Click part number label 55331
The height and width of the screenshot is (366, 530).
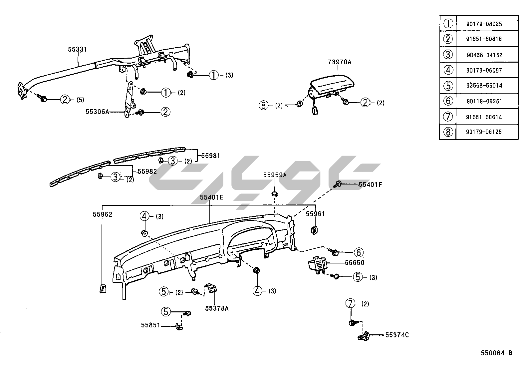(x=77, y=49)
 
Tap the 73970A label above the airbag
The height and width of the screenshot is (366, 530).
(x=340, y=62)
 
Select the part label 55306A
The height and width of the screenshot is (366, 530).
(x=97, y=112)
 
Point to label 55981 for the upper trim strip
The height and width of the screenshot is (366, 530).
(x=210, y=156)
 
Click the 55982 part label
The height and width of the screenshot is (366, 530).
(x=147, y=171)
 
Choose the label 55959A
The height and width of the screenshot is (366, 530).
(x=275, y=175)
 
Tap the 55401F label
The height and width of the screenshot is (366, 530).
(x=370, y=184)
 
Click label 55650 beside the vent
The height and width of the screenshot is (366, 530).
(x=355, y=262)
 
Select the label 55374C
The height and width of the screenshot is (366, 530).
(x=397, y=335)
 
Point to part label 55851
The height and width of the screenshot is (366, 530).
(x=150, y=325)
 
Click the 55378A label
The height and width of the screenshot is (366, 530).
(x=217, y=308)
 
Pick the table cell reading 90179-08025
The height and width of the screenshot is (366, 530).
(x=484, y=24)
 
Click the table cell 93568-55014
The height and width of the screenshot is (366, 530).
(x=484, y=86)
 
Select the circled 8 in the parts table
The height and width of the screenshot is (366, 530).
(x=448, y=132)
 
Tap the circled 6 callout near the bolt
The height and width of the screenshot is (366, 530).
(x=359, y=252)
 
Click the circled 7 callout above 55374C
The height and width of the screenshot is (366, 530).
(x=350, y=304)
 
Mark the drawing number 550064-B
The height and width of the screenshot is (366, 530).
(x=496, y=353)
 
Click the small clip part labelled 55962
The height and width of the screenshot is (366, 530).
(x=103, y=288)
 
